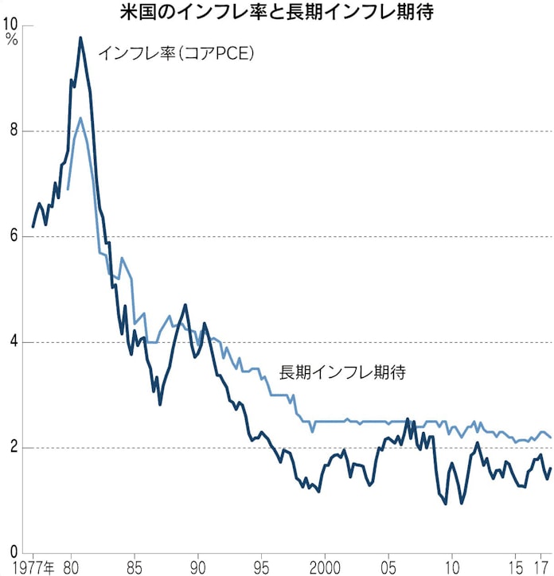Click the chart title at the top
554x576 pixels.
click(x=276, y=12)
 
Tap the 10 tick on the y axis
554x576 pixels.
click(x=12, y=25)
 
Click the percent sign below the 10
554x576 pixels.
click(x=10, y=39)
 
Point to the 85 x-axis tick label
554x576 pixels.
click(x=134, y=567)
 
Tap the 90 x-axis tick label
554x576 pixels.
click(x=197, y=567)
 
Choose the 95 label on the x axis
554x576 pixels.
click(x=261, y=567)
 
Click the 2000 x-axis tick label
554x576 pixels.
click(x=324, y=567)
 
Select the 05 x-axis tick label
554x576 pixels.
click(x=388, y=567)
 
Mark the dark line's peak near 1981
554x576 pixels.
click(x=80, y=37)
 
